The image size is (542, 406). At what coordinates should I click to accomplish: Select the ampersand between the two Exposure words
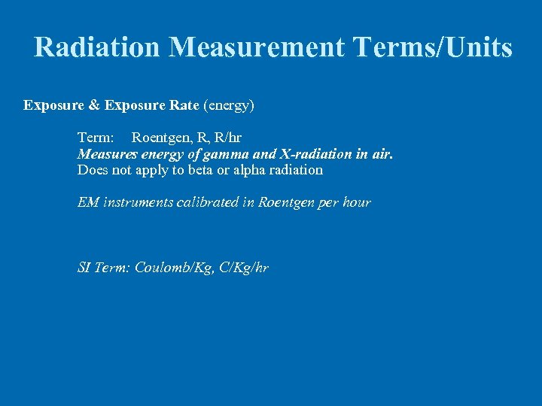point(93,105)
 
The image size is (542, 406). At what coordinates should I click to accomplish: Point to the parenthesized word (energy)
point(229,105)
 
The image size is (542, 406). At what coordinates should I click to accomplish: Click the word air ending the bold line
point(382,154)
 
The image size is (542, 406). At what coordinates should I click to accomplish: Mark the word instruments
point(138,203)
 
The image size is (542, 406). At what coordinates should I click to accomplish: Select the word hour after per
point(355,203)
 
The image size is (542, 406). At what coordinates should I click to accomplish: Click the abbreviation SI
point(84,268)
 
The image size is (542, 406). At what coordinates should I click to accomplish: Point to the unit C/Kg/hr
point(242,268)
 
